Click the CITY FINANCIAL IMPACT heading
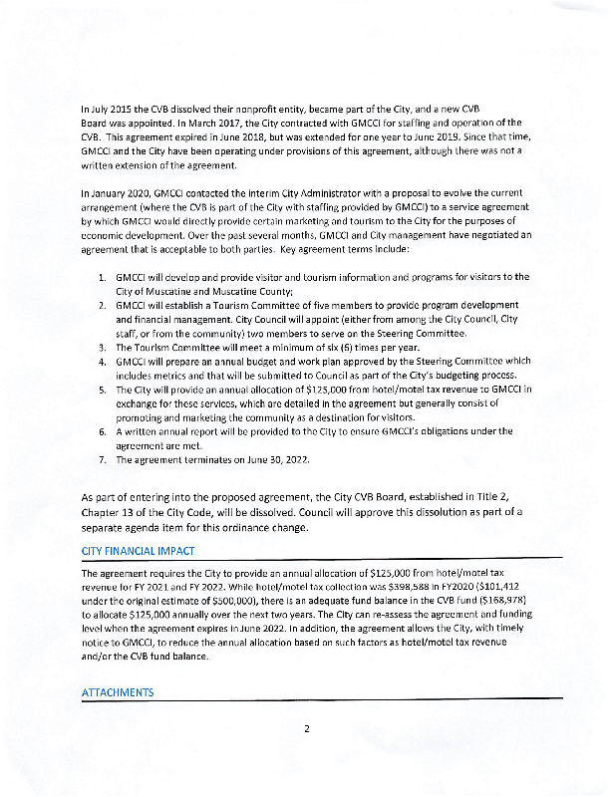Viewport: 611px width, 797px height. (x=138, y=551)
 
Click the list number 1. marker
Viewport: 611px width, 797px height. (x=103, y=276)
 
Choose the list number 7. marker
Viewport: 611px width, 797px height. (x=103, y=460)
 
